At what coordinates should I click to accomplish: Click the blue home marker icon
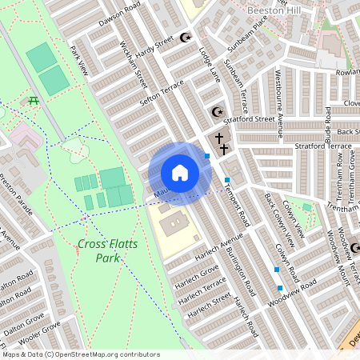pyautogui.click(x=179, y=173)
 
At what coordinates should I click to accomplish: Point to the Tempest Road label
pyautogui.click(x=238, y=203)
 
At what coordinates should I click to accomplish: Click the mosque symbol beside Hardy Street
pyautogui.click(x=186, y=37)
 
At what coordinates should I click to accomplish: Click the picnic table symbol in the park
pyautogui.click(x=34, y=100)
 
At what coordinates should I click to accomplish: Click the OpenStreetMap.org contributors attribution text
pyautogui.click(x=104, y=354)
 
